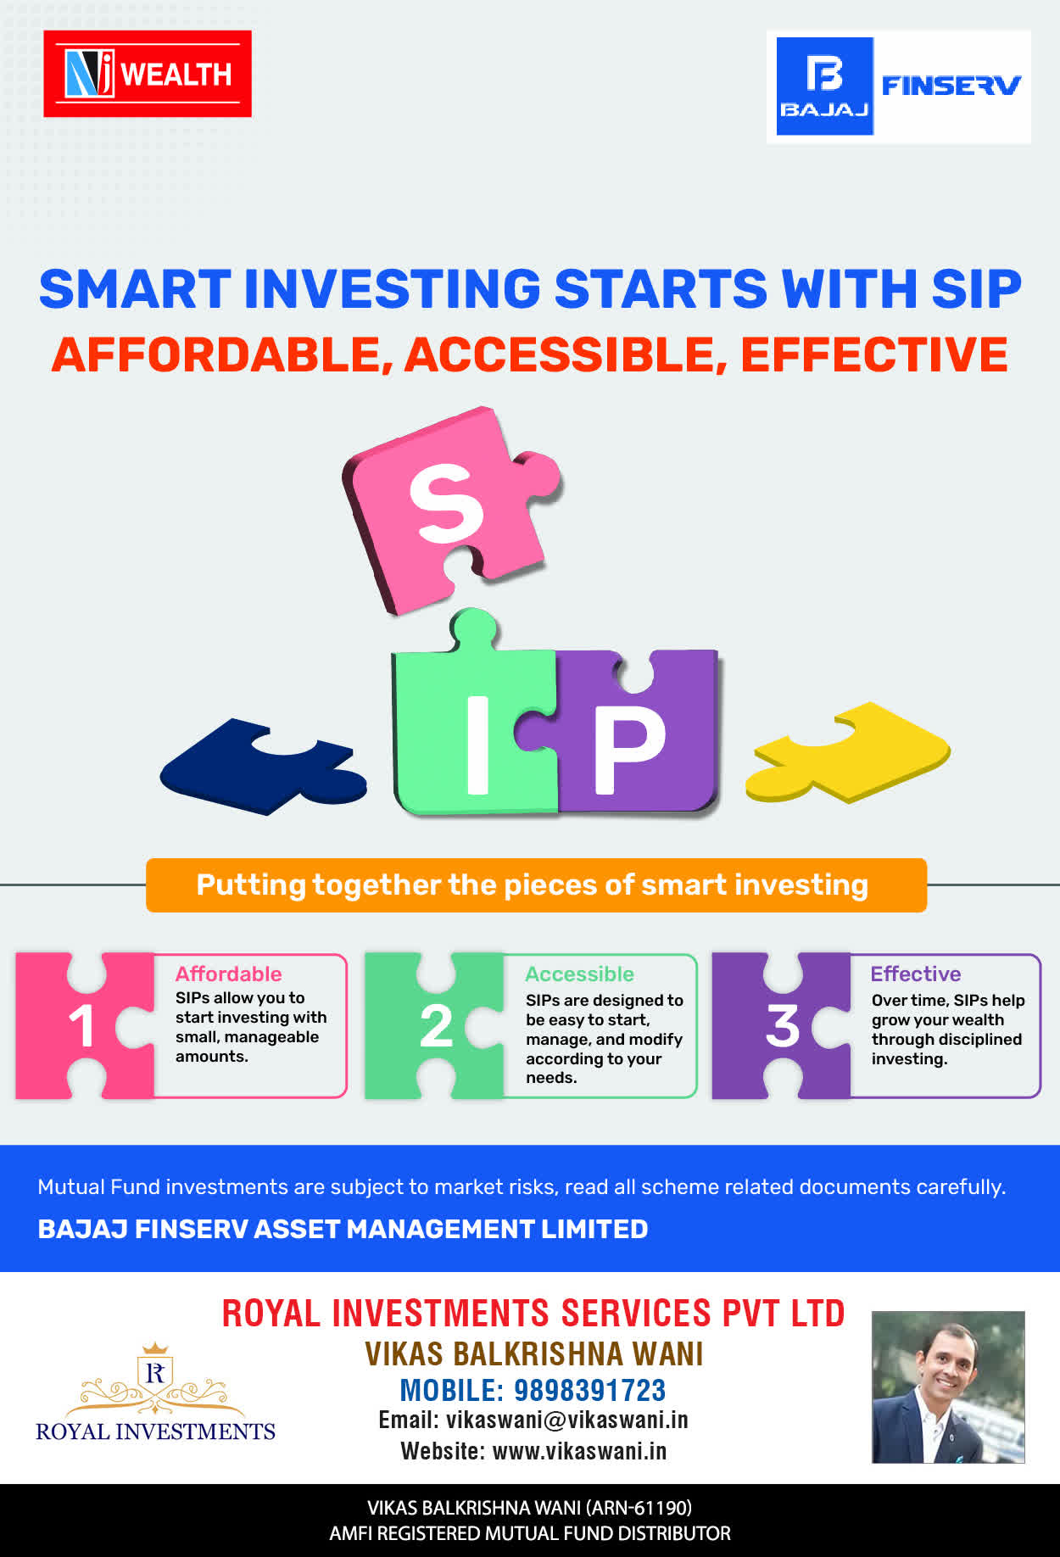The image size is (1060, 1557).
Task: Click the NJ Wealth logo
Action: click(x=148, y=74)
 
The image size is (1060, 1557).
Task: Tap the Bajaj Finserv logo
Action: click(x=899, y=86)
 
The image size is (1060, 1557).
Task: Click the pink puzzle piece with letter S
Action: click(x=449, y=509)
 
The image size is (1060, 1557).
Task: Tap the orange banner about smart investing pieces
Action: click(x=536, y=885)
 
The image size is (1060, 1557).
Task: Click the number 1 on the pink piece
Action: click(x=82, y=1026)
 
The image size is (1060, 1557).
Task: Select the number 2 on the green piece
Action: click(x=436, y=1026)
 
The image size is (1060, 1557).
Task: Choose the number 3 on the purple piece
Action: click(x=783, y=1026)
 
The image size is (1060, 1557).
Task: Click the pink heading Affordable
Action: click(x=228, y=974)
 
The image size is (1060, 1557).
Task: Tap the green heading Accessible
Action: click(x=579, y=974)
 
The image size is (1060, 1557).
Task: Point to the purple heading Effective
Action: click(x=916, y=974)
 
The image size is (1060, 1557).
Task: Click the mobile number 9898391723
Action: click(x=590, y=1391)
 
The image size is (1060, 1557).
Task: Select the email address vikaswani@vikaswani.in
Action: click(x=567, y=1420)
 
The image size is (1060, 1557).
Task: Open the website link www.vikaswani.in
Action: click(x=580, y=1451)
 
